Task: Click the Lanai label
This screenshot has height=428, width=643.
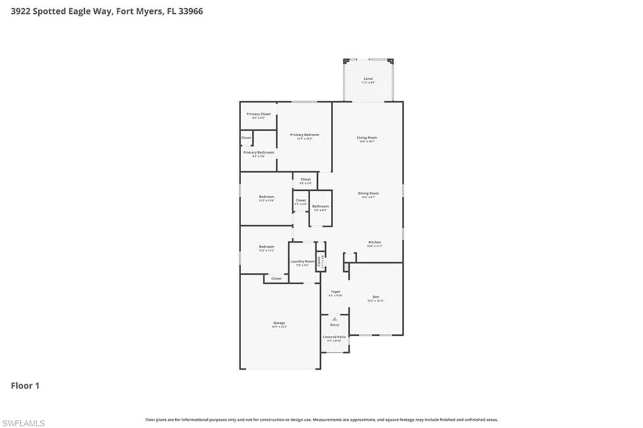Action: (368, 78)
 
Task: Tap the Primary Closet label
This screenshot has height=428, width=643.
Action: (258, 114)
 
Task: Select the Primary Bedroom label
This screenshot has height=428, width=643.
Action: (305, 135)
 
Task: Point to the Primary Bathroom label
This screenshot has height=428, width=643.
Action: (258, 152)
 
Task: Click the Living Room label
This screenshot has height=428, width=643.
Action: (367, 137)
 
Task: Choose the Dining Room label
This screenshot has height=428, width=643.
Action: (368, 193)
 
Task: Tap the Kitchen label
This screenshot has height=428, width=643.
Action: (374, 242)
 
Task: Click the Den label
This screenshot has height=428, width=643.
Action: (376, 297)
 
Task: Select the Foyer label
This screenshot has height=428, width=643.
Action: (335, 292)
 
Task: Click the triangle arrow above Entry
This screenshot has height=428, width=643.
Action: (335, 319)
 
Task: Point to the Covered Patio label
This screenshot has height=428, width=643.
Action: (334, 337)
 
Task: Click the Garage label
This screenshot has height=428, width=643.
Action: (279, 323)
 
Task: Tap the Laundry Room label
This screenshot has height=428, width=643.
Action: (302, 262)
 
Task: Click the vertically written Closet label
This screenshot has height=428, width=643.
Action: (319, 261)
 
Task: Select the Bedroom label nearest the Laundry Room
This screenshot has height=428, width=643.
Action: (266, 247)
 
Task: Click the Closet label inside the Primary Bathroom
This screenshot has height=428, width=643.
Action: (246, 137)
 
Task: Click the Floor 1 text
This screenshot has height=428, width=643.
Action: (25, 386)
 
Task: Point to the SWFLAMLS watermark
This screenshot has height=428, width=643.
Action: (23, 423)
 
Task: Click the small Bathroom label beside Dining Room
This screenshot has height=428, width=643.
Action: (320, 206)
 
